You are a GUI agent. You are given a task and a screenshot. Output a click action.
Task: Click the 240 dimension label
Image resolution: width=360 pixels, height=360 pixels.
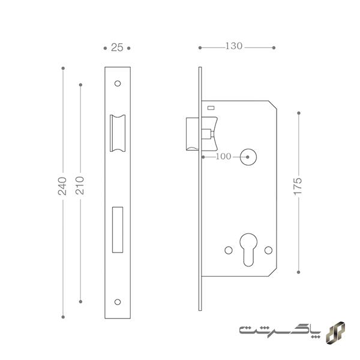62,186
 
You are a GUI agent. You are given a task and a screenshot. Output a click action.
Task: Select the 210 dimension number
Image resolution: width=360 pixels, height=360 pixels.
80,185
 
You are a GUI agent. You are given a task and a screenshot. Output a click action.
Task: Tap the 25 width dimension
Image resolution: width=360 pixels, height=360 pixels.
117,47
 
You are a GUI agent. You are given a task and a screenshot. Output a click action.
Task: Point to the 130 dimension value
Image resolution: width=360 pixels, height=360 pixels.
234,46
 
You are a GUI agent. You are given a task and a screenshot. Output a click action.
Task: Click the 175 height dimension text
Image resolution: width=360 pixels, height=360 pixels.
298,186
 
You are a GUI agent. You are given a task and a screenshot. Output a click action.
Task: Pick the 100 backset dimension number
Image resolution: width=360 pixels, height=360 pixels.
223,157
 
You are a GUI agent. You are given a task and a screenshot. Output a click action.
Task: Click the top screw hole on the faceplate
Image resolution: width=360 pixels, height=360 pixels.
118,83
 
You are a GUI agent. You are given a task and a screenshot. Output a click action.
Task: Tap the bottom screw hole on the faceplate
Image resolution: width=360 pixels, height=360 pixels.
118,302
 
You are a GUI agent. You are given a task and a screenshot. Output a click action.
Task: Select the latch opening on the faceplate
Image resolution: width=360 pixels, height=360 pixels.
118,133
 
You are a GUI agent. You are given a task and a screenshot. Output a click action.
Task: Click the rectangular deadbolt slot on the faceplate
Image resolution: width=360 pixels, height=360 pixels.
118,230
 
